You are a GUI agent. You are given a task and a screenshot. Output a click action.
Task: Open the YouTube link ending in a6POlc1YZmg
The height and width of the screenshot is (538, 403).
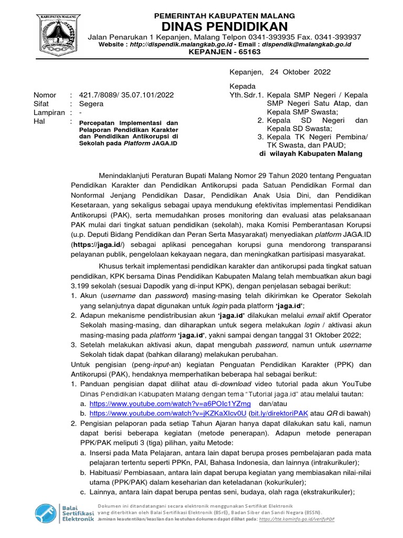[x=170, y=403]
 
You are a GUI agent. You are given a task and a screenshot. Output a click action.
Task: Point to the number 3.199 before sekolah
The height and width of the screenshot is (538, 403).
[x=82, y=285]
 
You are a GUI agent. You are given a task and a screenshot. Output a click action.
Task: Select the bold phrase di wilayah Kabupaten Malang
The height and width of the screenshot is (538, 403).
[x=311, y=154]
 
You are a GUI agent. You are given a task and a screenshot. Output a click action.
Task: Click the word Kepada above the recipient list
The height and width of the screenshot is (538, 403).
[x=242, y=86]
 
